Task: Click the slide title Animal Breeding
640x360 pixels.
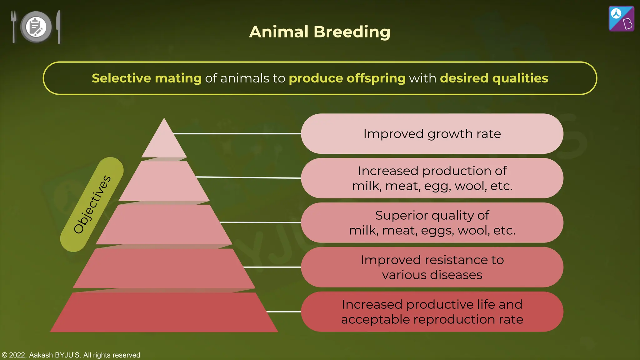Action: tap(319, 32)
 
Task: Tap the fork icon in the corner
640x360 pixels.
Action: tap(13, 26)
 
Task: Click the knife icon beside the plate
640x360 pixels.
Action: tap(58, 27)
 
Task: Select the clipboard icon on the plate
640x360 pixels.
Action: tap(36, 27)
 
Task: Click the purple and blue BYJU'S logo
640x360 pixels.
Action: tap(621, 19)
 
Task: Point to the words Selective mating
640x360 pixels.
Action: tap(147, 78)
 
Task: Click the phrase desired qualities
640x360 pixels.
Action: tap(494, 78)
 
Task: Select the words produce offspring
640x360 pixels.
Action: tap(347, 78)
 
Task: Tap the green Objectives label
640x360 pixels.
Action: tap(92, 204)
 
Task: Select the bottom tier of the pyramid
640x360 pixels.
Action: tap(164, 312)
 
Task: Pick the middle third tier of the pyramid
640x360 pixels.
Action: tap(164, 224)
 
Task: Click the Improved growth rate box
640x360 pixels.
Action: tap(432, 134)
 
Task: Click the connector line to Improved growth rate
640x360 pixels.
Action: tap(237, 134)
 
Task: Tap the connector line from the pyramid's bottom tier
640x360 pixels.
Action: tap(284, 312)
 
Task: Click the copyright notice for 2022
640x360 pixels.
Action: tap(71, 355)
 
